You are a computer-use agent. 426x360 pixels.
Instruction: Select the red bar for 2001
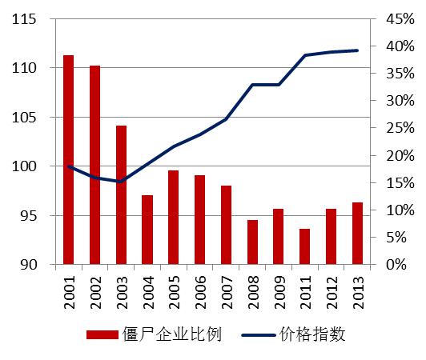point(69,160)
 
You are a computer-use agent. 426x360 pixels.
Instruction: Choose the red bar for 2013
point(357,233)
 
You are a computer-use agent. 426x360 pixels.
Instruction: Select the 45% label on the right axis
point(396,19)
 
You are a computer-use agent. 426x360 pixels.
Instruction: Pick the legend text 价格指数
point(312,335)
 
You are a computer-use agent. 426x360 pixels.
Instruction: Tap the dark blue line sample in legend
point(255,335)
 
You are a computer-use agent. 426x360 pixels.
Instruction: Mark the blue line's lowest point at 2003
point(121,182)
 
